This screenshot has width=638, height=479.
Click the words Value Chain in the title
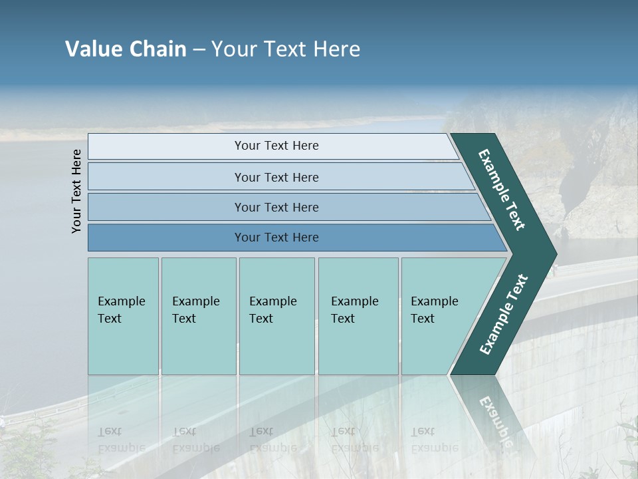point(126,49)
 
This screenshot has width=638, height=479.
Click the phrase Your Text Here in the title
point(286,49)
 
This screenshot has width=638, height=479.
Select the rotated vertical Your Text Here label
point(76,191)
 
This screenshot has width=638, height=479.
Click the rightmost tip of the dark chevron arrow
point(556,254)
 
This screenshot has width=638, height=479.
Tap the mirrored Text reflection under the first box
point(110,431)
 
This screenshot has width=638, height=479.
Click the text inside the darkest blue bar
point(276,238)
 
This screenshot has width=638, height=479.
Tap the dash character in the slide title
point(199,50)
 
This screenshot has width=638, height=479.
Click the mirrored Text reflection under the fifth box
point(423,431)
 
